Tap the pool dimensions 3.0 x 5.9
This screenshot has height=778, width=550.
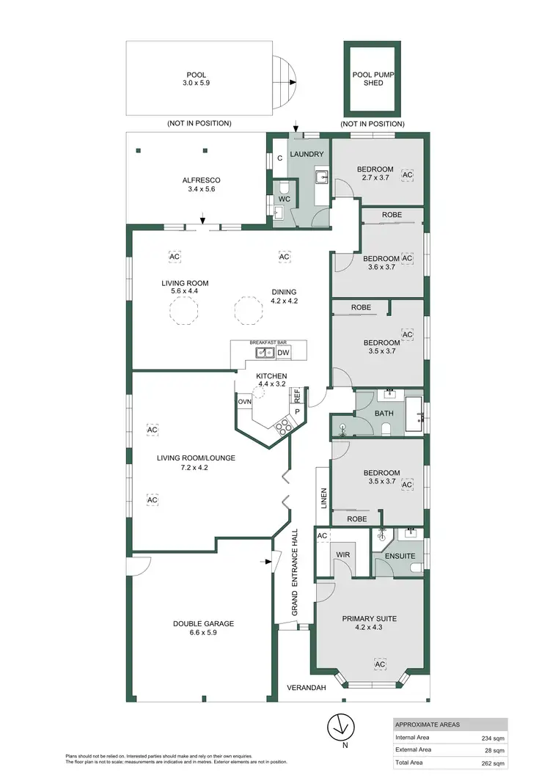pyautogui.click(x=196, y=84)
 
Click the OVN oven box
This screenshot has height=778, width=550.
pyautogui.click(x=243, y=402)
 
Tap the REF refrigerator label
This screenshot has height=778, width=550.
pyautogui.click(x=297, y=394)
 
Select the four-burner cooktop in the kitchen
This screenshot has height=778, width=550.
pyautogui.click(x=281, y=427)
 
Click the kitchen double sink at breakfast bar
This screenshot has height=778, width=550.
pyautogui.click(x=265, y=353)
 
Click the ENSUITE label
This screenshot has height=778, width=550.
pyautogui.click(x=400, y=557)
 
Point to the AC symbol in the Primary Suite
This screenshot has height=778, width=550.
pyautogui.click(x=380, y=664)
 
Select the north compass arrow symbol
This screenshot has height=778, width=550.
pyautogui.click(x=340, y=726)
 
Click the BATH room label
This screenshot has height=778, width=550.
pyautogui.click(x=384, y=413)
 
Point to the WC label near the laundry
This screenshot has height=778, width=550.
pyautogui.click(x=284, y=199)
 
